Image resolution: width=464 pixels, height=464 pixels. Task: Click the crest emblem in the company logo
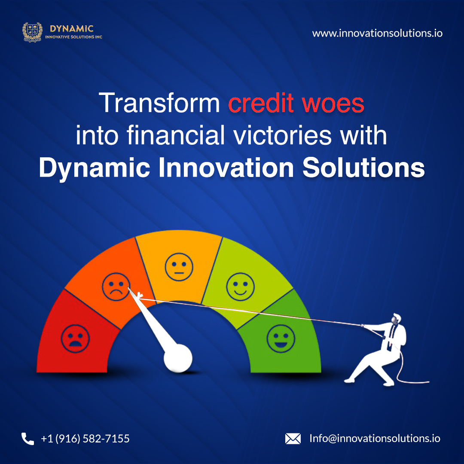click(x=33, y=32)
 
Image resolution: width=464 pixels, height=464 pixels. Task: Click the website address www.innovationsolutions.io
click(x=377, y=33)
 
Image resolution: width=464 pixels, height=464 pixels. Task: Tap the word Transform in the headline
click(x=159, y=103)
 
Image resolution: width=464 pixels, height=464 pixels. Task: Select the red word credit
click(x=261, y=103)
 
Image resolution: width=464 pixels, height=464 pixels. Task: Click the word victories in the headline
click(x=282, y=135)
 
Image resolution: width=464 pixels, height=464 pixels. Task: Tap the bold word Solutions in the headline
click(x=363, y=168)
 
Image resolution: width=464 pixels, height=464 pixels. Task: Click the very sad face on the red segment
click(x=75, y=339)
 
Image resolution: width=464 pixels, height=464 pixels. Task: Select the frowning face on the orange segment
click(x=116, y=287)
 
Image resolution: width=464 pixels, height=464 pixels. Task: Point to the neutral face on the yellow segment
click(x=179, y=267)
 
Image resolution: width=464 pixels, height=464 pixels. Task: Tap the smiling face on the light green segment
click(x=240, y=287)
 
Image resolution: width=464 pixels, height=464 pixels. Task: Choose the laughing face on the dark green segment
click(x=281, y=339)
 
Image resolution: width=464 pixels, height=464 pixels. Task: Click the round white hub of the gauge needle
click(x=178, y=358)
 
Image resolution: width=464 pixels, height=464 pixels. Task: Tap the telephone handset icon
click(x=27, y=439)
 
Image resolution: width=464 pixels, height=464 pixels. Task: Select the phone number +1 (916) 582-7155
click(x=85, y=439)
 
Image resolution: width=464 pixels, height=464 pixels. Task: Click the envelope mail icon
click(x=293, y=439)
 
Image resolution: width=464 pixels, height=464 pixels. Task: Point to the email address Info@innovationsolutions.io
click(x=375, y=438)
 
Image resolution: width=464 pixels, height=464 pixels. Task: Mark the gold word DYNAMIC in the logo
click(x=72, y=29)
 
